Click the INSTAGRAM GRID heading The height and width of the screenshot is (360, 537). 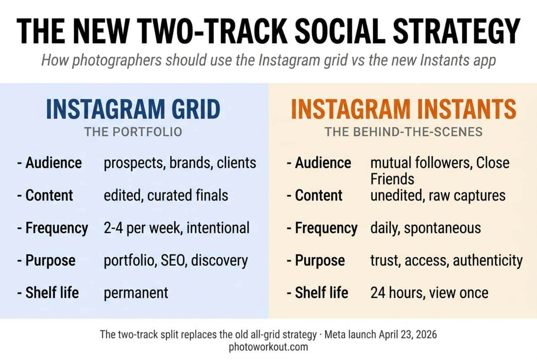pos(133,109)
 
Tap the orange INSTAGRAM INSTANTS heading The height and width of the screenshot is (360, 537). pos(404,109)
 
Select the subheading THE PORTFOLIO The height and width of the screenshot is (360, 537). pos(133,132)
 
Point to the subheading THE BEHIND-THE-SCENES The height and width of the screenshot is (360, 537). pos(403,132)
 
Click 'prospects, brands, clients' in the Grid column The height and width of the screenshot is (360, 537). pos(180,163)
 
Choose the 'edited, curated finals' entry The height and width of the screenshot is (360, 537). pos(166,195)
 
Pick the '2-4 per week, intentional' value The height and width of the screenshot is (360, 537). pos(176,228)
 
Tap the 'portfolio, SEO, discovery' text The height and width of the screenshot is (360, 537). pos(176,261)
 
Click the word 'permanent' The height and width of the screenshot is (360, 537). pos(136,293)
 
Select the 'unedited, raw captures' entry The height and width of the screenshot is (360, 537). pos(438,195)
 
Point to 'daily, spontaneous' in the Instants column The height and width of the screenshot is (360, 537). pos(425,228)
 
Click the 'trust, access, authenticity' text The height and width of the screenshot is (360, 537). pos(446,261)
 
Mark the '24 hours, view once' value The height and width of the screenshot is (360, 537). pos(429,293)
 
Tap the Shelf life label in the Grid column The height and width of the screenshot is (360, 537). pos(52,293)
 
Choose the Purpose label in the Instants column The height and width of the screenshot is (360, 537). pos(319,261)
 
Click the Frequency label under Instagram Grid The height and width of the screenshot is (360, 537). pos(57,228)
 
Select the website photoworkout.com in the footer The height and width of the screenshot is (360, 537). pos(268,347)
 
